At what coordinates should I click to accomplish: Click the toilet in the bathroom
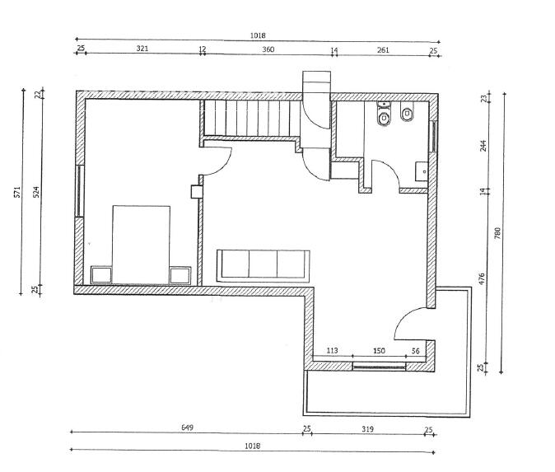click(x=383, y=119)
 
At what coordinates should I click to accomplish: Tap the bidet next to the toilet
click(x=407, y=116)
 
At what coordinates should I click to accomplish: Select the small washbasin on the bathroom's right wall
click(x=421, y=171)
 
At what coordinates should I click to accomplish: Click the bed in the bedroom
click(x=141, y=245)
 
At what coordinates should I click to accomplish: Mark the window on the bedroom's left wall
click(x=79, y=191)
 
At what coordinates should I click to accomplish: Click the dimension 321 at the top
click(x=142, y=49)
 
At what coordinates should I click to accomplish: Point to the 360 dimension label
click(x=268, y=49)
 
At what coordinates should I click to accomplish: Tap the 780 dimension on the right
click(x=497, y=232)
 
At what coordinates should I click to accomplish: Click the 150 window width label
click(x=379, y=351)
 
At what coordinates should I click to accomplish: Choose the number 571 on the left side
click(x=16, y=192)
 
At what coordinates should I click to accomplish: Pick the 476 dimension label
click(x=483, y=278)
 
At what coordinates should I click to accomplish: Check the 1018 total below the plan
click(x=252, y=446)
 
